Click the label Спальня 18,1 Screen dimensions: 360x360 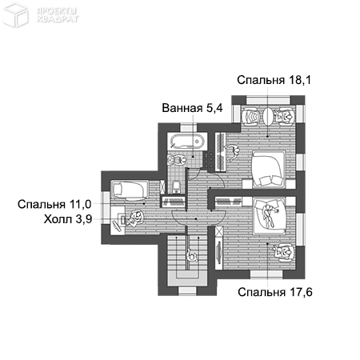coord(274,80)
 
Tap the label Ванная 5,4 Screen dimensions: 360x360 coord(192,108)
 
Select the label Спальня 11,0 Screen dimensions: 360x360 coord(54,204)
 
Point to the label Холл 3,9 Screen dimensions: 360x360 coord(68,219)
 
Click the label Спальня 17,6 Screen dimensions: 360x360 coord(275,292)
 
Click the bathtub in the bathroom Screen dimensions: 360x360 coord(187,141)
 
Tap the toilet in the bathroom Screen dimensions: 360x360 coord(176,186)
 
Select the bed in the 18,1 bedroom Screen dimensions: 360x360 coord(269,169)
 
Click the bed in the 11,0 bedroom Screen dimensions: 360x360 coord(130,190)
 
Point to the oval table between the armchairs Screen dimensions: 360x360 coord(267,116)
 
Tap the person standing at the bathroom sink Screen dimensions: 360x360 coord(176,160)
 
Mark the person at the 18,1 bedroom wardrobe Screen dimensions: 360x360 coord(232,152)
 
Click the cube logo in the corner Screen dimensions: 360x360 coord(15,14)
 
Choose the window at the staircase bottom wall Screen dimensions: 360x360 coord(187,291)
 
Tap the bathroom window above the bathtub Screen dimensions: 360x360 coord(188,127)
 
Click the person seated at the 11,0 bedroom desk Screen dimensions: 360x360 coord(136,218)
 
